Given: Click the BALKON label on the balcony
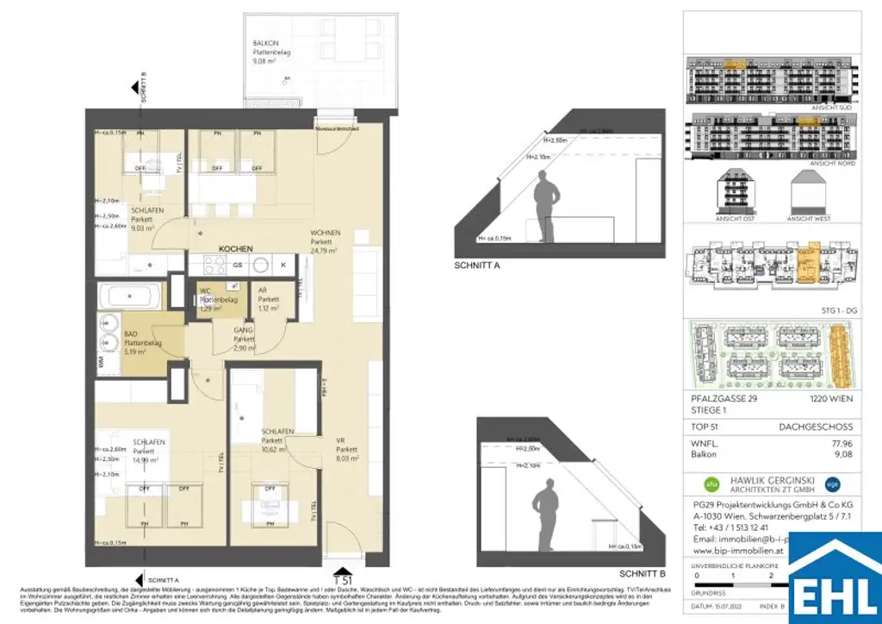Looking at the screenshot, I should click(x=265, y=42).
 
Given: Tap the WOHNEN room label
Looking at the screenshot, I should click(x=326, y=233).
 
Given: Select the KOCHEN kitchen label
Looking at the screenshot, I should click(x=235, y=248).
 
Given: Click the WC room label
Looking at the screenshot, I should click(x=205, y=290).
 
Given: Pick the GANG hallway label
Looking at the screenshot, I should click(x=244, y=330).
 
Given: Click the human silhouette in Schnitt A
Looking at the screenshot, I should click(x=544, y=207).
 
